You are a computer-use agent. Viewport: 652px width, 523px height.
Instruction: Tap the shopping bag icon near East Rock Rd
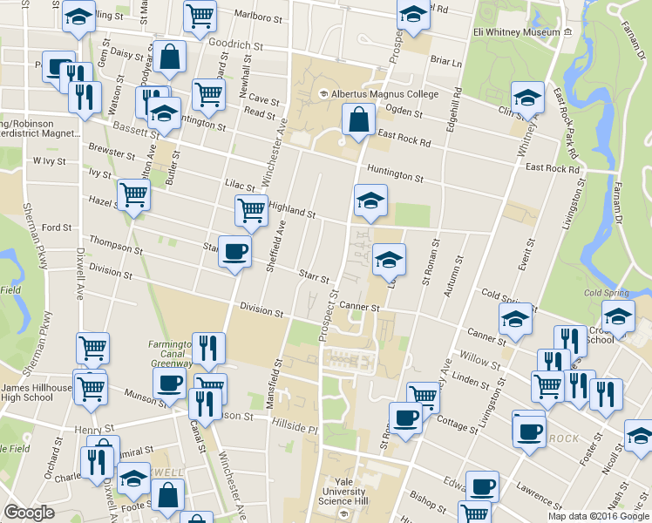point(359,120)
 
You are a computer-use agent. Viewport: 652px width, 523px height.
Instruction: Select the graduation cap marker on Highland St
point(370,200)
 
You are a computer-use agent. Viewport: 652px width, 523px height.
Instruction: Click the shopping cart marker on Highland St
point(251,210)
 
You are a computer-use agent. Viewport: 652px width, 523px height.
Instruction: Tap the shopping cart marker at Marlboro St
point(200,16)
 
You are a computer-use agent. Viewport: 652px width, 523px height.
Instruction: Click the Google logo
point(29,513)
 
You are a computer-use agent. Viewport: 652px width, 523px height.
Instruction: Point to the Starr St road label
point(313,276)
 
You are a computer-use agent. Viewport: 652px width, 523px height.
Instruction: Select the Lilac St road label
point(238,186)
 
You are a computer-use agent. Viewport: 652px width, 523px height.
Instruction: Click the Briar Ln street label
point(445,62)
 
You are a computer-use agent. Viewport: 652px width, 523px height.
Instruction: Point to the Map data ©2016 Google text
point(597,516)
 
